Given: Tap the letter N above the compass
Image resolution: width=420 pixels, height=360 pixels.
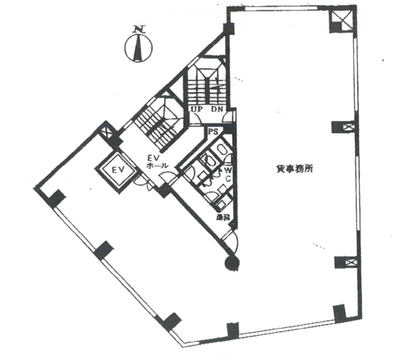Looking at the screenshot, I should (x=139, y=29).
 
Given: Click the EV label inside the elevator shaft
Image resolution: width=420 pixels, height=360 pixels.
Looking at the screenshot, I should (x=116, y=170).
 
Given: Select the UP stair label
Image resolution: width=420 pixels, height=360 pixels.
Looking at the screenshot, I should (x=197, y=109).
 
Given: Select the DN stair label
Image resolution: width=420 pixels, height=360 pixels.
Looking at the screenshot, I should (x=217, y=109).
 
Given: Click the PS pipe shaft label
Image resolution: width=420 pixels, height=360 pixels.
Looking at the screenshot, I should (x=213, y=132).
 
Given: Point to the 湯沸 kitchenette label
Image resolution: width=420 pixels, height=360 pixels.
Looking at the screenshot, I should (x=223, y=217).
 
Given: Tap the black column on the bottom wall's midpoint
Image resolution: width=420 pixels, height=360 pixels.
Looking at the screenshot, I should (x=232, y=330).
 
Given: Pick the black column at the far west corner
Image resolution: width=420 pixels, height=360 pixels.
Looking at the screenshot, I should (x=55, y=199).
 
